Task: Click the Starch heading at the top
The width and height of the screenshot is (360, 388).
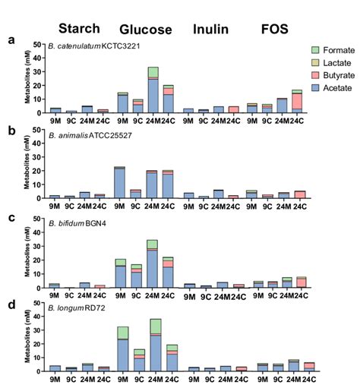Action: click(x=80, y=29)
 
